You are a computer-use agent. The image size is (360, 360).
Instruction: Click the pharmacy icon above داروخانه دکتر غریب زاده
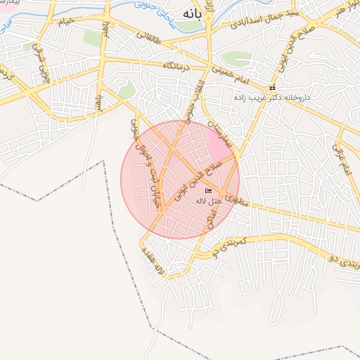(273, 87)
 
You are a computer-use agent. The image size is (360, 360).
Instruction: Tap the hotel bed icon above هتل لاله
(208, 191)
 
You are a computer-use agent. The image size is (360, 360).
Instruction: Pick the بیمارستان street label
(219, 132)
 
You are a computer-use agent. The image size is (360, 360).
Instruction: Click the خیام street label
(64, 22)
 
